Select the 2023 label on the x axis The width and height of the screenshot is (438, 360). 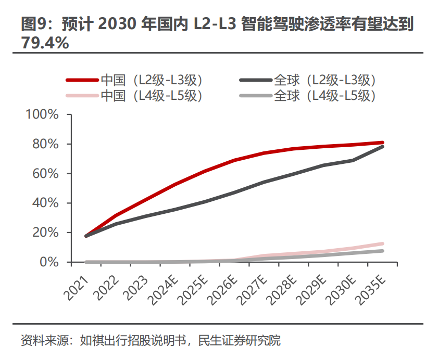[135, 286]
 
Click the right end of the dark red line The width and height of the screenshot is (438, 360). [382, 142]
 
